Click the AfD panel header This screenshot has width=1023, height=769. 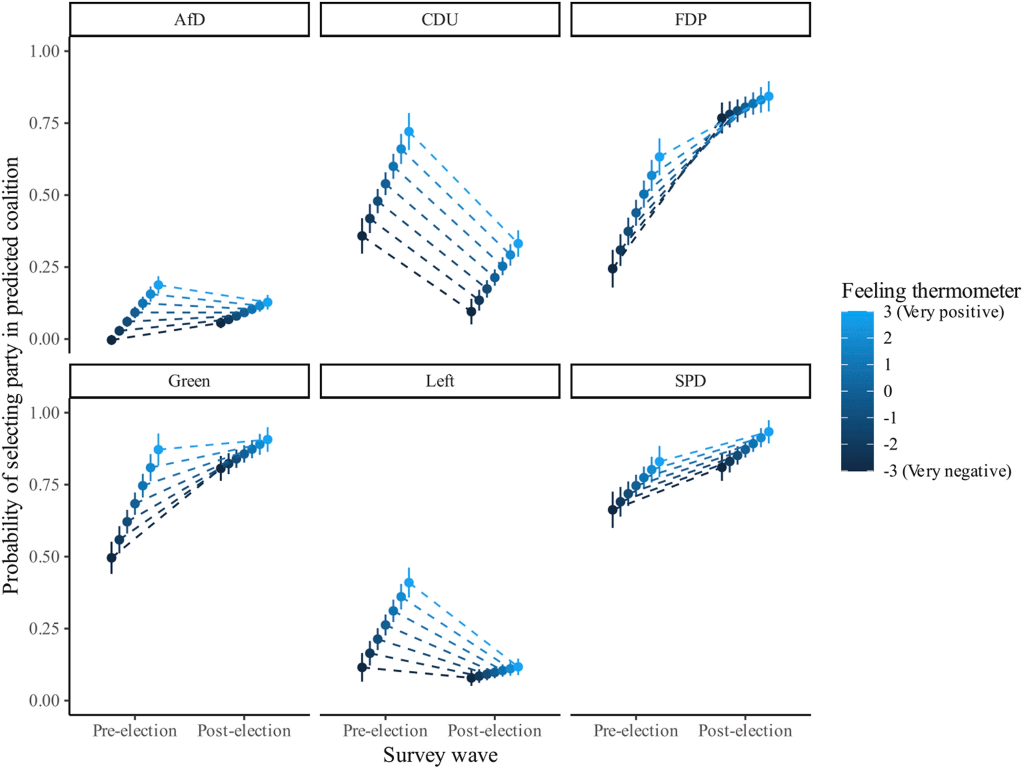189,20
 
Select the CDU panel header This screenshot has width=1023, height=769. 440,20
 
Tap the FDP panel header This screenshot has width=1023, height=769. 691,20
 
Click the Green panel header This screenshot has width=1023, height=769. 189,381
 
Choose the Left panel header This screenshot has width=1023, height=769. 440,381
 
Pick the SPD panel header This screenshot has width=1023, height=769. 691,381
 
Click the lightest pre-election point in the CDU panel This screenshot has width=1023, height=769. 409,131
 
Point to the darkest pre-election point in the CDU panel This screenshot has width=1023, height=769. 362,236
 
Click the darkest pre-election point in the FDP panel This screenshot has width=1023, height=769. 612,268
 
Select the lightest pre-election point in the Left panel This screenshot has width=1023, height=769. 409,582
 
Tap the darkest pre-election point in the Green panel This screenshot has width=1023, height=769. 112,557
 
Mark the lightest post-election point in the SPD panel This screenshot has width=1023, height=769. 768,432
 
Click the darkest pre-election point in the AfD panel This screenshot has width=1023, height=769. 112,340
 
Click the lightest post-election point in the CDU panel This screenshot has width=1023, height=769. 518,243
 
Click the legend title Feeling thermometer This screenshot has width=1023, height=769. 931,291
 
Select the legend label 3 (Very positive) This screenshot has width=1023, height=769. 944,312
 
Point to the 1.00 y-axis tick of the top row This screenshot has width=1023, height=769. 45,51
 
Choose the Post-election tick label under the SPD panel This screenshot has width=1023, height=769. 745,731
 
